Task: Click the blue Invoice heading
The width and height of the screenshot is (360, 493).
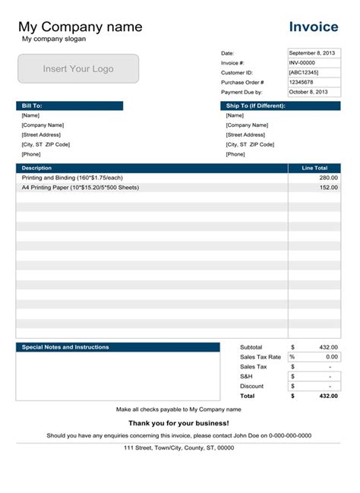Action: tap(314, 27)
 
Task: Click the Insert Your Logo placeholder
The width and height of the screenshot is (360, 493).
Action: tap(78, 68)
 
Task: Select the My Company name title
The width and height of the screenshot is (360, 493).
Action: tap(80, 27)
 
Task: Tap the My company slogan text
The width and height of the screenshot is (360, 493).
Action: tap(54, 39)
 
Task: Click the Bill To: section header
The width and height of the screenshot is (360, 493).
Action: tap(69, 106)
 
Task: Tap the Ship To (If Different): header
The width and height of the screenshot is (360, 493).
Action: tap(280, 106)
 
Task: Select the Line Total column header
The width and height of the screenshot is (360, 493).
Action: tap(314, 168)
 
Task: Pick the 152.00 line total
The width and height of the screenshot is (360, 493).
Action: tap(328, 187)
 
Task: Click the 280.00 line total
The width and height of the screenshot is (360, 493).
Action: tap(328, 177)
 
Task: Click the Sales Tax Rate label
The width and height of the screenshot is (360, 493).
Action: tap(261, 357)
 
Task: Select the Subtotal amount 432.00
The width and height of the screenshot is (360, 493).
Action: tap(327, 347)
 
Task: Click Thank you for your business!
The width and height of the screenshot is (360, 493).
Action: tap(178, 423)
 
